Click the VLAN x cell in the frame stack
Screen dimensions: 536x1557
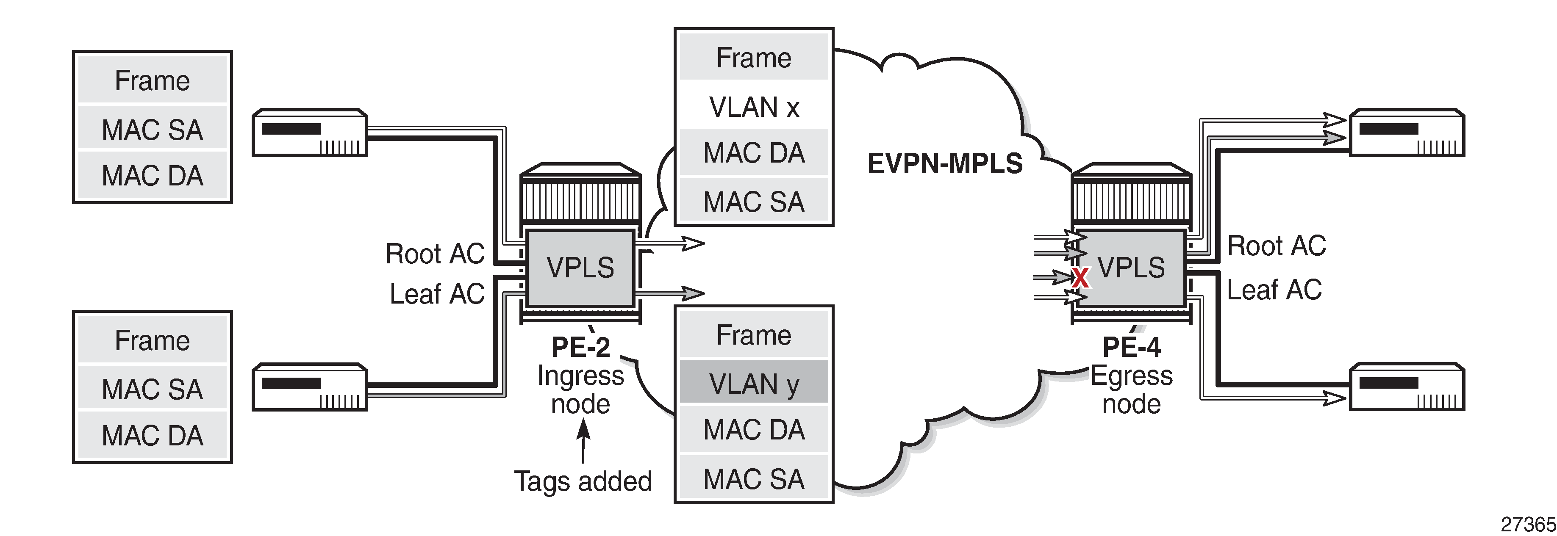(x=754, y=107)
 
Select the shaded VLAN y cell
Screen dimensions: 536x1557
(x=754, y=383)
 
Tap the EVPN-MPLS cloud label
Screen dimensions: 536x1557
(x=945, y=163)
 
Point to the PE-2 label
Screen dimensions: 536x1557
(x=580, y=347)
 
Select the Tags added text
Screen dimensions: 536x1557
(x=583, y=481)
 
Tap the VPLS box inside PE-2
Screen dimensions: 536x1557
(x=580, y=268)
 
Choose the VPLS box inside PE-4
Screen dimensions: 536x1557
(x=1130, y=268)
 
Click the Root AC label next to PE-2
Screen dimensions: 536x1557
(x=435, y=254)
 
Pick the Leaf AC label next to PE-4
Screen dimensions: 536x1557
(x=1274, y=290)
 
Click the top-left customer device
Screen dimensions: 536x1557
(x=309, y=133)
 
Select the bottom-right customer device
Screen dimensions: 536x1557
(x=1407, y=387)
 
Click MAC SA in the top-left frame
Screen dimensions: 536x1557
(x=153, y=129)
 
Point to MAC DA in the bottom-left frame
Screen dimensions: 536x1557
(x=153, y=435)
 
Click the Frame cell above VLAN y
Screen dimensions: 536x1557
(x=754, y=335)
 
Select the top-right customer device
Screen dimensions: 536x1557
(x=1407, y=133)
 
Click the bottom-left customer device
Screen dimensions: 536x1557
(x=309, y=387)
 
